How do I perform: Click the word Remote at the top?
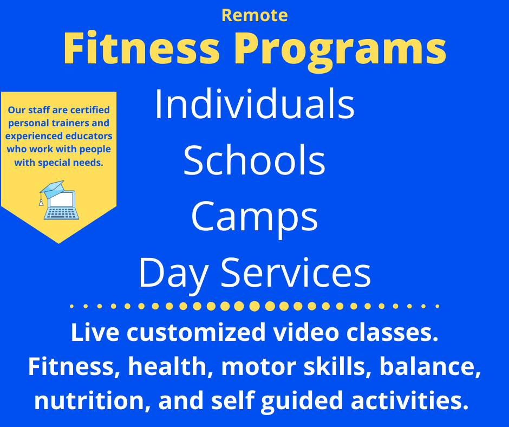pos(255,15)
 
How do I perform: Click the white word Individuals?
pos(255,105)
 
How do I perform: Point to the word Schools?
pos(255,161)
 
